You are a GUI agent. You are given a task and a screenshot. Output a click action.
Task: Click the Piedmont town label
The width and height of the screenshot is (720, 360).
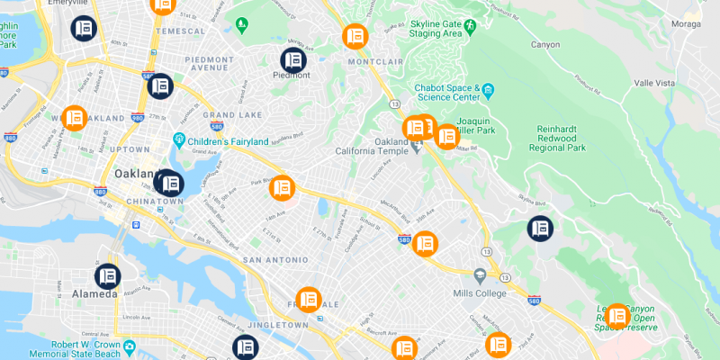[292, 76]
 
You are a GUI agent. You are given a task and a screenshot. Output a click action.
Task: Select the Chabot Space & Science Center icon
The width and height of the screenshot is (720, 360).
[488, 91]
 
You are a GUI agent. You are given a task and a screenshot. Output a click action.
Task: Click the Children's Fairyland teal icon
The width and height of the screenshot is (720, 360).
[180, 141]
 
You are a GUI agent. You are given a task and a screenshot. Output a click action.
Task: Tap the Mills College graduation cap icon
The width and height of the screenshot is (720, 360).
[480, 274]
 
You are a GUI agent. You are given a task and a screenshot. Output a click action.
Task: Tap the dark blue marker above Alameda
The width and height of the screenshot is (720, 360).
[108, 275]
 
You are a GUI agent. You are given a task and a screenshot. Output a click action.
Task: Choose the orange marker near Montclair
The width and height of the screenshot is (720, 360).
[355, 37]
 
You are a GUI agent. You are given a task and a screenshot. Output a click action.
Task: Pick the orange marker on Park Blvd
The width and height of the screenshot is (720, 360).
[283, 187]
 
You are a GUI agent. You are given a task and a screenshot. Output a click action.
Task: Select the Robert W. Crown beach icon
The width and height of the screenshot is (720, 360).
[130, 346]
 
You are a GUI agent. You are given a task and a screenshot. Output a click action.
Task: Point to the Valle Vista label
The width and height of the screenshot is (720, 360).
[654, 82]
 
